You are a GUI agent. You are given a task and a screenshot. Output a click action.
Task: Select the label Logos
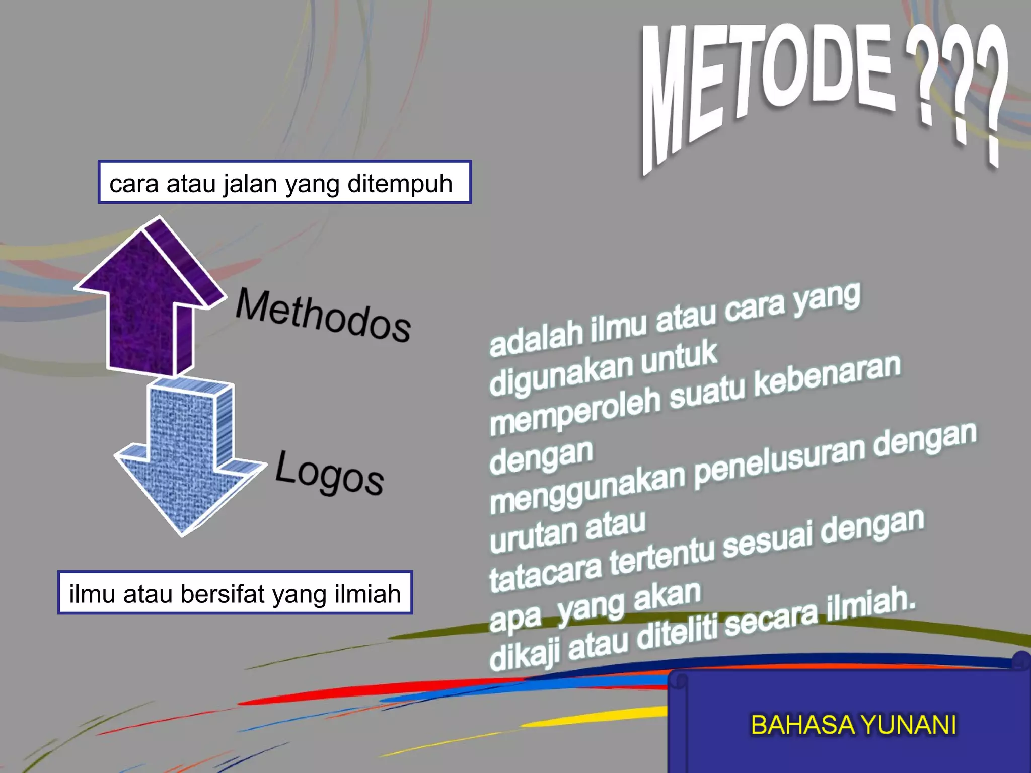click(329, 473)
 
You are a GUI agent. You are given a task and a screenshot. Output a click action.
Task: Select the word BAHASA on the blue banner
click(802, 725)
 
